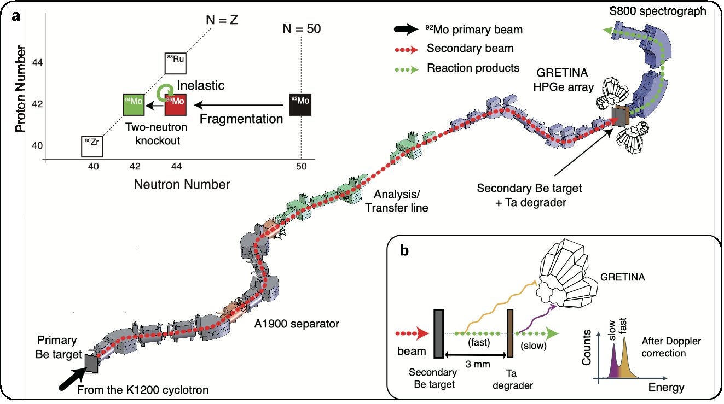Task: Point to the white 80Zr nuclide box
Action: (91, 145)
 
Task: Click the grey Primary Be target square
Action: (91, 364)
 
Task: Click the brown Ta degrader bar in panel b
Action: (511, 333)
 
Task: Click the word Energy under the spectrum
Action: (665, 388)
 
